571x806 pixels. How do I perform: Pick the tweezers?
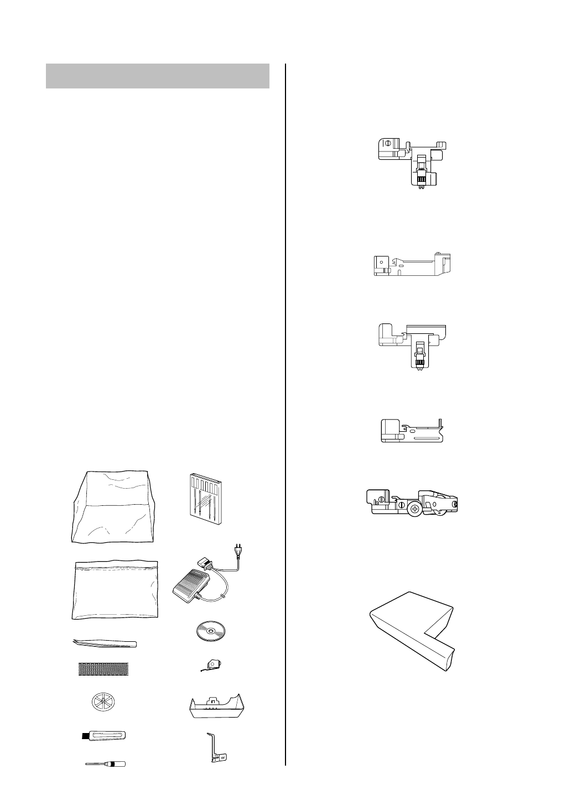point(105,643)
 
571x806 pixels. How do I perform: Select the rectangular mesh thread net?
point(103,669)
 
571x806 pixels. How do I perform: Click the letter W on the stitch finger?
point(223,758)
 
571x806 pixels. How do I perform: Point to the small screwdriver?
point(105,764)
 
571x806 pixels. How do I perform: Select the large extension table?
point(412,631)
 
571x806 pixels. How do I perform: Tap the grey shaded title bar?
point(158,76)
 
